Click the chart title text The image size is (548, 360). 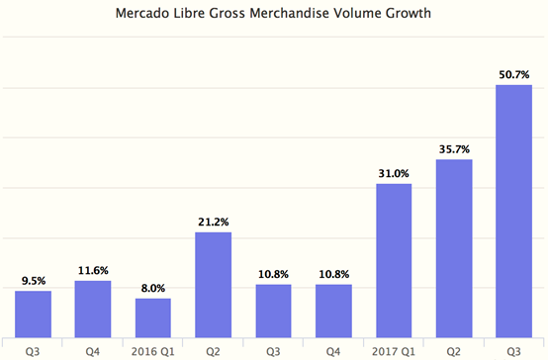(x=274, y=15)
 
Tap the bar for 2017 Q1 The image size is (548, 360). (x=394, y=260)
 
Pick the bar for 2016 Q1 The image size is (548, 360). (x=153, y=317)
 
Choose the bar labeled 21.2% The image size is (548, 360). (x=214, y=285)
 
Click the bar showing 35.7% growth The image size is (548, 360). (x=453, y=248)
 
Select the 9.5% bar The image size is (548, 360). (x=33, y=314)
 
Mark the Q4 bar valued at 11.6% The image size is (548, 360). (x=93, y=309)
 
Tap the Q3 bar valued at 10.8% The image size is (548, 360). (x=273, y=311)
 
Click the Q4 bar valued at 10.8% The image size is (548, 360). (x=333, y=311)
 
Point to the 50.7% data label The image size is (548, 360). (x=513, y=74)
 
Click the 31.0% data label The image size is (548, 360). (x=394, y=173)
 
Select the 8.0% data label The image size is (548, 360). (x=153, y=288)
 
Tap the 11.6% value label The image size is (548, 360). (x=93, y=270)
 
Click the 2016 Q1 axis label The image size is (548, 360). (x=153, y=348)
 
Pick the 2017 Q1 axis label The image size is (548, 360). (x=394, y=348)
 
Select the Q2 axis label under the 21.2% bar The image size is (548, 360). (x=214, y=348)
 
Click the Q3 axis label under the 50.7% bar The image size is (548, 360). (x=513, y=348)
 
